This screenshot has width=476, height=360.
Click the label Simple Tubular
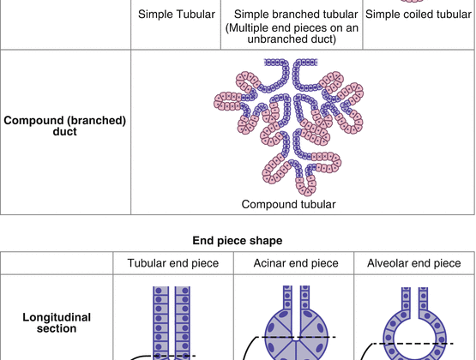coord(175,14)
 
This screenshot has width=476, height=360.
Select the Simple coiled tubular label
coord(418,14)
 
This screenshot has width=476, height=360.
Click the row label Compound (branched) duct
coord(65,126)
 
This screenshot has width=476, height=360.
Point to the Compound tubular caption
coord(287,204)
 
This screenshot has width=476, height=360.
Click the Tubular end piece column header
coord(173,262)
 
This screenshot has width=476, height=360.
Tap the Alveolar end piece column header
coord(415,262)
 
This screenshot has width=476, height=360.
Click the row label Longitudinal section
coord(57,323)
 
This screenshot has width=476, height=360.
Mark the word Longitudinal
coord(57,317)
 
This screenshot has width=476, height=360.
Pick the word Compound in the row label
coord(33,121)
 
